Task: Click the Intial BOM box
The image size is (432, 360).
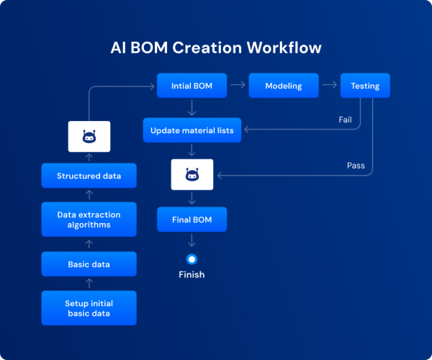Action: [x=192, y=86]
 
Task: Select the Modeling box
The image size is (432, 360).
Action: [x=283, y=86]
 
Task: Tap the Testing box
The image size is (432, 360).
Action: [x=365, y=86]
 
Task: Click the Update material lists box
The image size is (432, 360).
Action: [x=192, y=130]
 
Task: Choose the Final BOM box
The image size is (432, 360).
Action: [x=192, y=220]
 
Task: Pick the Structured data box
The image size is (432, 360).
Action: [x=89, y=175]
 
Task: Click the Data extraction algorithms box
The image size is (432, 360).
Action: [x=89, y=220]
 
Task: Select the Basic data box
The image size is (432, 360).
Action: [x=89, y=264]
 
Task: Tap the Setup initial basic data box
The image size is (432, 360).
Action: [x=89, y=308]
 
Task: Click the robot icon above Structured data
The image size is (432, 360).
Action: [x=89, y=136]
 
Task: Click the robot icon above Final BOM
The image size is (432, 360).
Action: [x=192, y=175]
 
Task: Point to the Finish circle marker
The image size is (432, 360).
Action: [x=192, y=259]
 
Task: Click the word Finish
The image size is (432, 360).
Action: [x=192, y=274]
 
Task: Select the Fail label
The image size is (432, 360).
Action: [x=345, y=120]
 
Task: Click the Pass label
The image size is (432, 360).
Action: [x=356, y=165]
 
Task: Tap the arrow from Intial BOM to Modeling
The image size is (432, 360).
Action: [x=237, y=86]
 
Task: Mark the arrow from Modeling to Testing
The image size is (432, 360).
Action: [x=328, y=86]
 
